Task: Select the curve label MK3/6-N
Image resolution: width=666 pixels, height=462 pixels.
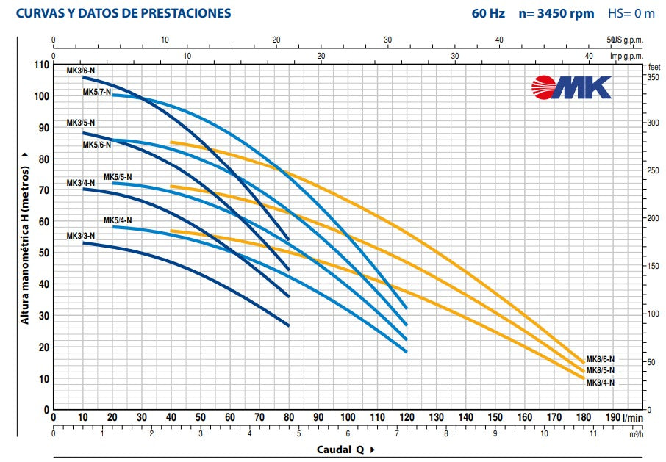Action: [81, 71]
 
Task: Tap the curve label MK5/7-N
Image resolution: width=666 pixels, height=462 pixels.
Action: [97, 92]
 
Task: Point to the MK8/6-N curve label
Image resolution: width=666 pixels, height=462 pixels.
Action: [601, 359]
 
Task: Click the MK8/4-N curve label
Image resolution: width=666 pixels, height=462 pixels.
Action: [601, 383]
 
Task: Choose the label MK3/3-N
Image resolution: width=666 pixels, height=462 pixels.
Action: [81, 236]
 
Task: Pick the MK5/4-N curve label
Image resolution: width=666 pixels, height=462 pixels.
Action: [118, 220]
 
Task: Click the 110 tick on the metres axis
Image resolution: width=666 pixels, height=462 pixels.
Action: [41, 65]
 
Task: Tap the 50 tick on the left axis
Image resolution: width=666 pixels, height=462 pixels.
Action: [43, 253]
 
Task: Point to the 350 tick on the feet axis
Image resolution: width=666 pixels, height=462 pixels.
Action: [653, 76]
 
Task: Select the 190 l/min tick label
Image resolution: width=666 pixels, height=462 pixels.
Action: [612, 417]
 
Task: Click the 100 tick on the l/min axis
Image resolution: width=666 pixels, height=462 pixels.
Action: [347, 417]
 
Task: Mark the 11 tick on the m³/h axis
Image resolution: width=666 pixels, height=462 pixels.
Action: [593, 433]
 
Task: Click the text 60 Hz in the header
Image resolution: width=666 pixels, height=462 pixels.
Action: [488, 13]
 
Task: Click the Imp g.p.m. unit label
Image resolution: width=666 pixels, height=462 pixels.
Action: [627, 56]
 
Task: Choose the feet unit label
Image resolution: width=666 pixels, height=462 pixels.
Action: [654, 66]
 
